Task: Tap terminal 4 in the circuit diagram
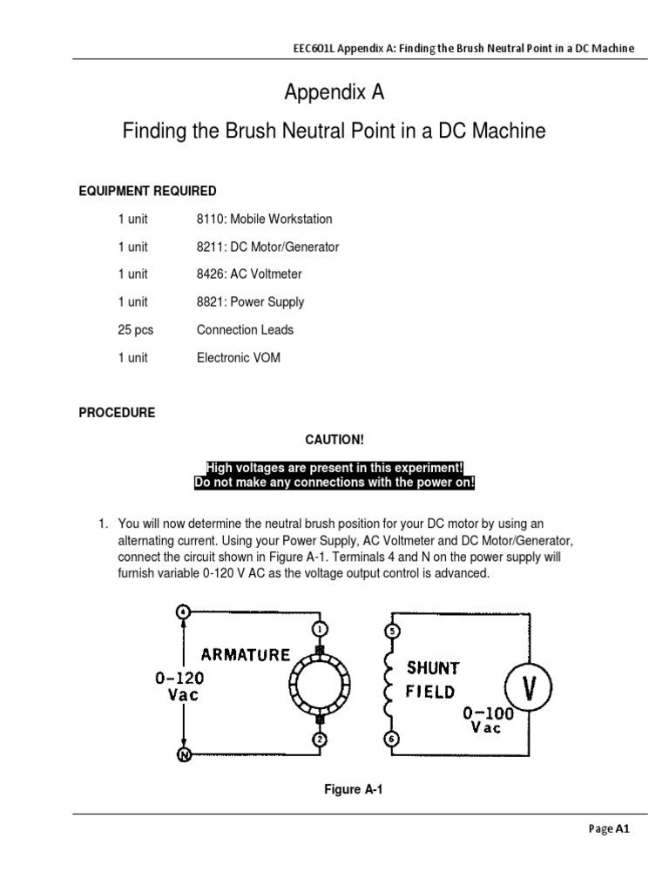click(x=184, y=612)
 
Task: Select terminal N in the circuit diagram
click(x=184, y=754)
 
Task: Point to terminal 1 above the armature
click(x=320, y=629)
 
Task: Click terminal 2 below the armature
click(x=320, y=740)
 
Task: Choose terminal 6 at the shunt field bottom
click(x=391, y=740)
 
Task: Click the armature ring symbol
click(x=320, y=684)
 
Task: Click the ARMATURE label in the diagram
click(x=246, y=654)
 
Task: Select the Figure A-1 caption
click(x=354, y=790)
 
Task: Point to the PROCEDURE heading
click(x=118, y=413)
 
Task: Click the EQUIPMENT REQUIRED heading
click(x=148, y=191)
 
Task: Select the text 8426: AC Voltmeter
click(x=249, y=274)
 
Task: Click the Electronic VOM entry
click(x=239, y=358)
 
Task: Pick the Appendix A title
click(x=334, y=92)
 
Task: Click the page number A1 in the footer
click(x=622, y=829)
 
